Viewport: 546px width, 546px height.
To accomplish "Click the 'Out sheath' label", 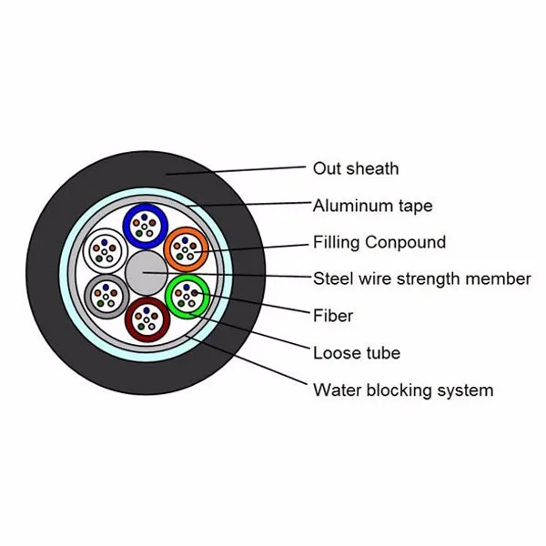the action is point(356,168).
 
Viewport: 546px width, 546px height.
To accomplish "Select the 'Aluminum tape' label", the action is point(372,206).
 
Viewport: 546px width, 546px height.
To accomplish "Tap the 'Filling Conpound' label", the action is point(379,242).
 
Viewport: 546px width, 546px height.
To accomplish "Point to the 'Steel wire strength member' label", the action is point(421,278).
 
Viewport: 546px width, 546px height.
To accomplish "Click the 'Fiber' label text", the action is point(333,316).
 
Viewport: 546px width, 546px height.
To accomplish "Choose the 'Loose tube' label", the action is point(357,352).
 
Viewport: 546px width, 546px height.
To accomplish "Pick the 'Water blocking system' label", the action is point(403,390).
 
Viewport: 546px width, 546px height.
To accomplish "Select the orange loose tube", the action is point(187,248).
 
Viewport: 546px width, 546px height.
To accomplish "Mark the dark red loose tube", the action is point(146,318).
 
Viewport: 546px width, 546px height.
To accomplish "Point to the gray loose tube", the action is point(105,293).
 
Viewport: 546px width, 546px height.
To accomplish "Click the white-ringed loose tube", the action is point(103,248).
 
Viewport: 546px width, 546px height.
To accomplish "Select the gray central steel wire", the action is point(145,272).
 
